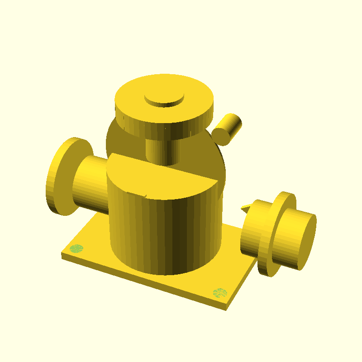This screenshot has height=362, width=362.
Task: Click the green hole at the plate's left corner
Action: pyautogui.click(x=76, y=248)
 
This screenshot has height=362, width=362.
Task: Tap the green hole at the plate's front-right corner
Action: pyautogui.click(x=220, y=292)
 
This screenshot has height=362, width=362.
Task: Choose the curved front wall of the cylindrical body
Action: pyautogui.click(x=163, y=235)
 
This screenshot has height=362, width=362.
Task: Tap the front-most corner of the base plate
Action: pyautogui.click(x=226, y=310)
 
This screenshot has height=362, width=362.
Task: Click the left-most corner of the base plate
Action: pyautogui.click(x=62, y=254)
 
